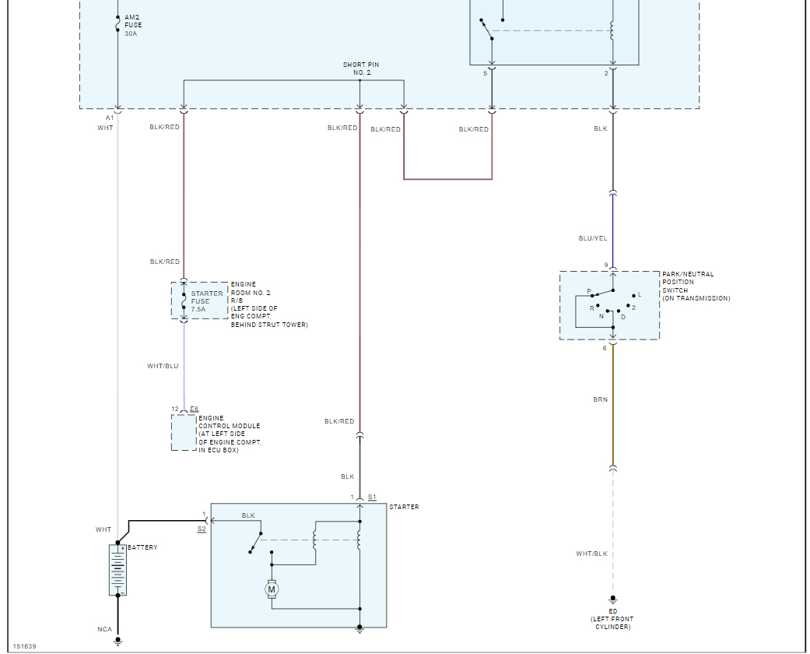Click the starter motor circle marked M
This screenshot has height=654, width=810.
tap(272, 589)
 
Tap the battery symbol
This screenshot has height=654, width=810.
tap(117, 570)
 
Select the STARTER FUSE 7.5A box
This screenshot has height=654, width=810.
tap(199, 301)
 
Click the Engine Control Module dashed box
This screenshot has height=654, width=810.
tap(184, 432)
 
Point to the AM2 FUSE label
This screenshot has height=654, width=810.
tap(133, 25)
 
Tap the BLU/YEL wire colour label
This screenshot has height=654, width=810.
tap(592, 239)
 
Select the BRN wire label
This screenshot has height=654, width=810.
tap(600, 399)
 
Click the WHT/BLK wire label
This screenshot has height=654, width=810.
tap(591, 554)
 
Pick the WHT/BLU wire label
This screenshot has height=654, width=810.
tap(163, 366)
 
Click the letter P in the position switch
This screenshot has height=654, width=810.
tap(589, 292)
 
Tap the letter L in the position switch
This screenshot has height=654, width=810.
tap(640, 295)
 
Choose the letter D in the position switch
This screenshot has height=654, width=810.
tap(622, 317)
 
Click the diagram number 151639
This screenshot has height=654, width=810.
tap(24, 646)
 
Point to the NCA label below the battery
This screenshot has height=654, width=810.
tap(104, 629)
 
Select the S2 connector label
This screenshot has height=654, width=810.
tap(202, 529)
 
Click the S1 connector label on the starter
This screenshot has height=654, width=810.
tap(372, 497)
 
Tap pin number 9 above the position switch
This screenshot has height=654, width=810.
tap(606, 265)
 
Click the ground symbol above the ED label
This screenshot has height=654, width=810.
tap(613, 599)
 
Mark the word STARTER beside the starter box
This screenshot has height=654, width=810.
tap(404, 507)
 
